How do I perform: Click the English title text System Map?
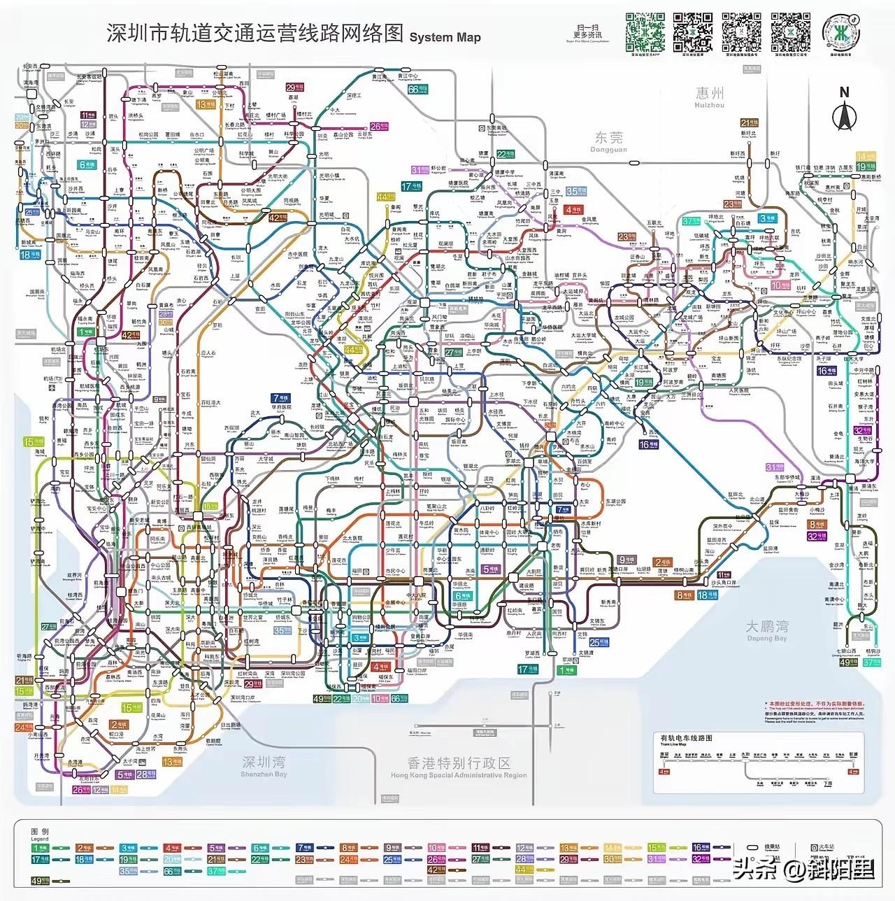[445, 37]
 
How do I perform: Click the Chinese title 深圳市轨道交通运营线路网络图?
[255, 34]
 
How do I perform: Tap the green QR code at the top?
[645, 31]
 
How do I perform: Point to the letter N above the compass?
[844, 92]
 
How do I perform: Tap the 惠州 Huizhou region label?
[710, 96]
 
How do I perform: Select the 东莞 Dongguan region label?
[608, 141]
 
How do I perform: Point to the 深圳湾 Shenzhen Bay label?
[264, 765]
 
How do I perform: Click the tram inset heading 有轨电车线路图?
[686, 737]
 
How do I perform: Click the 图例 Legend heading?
[40, 834]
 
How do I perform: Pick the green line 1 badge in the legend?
[40, 849]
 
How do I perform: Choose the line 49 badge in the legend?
[40, 881]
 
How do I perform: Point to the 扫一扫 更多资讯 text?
[587, 31]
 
